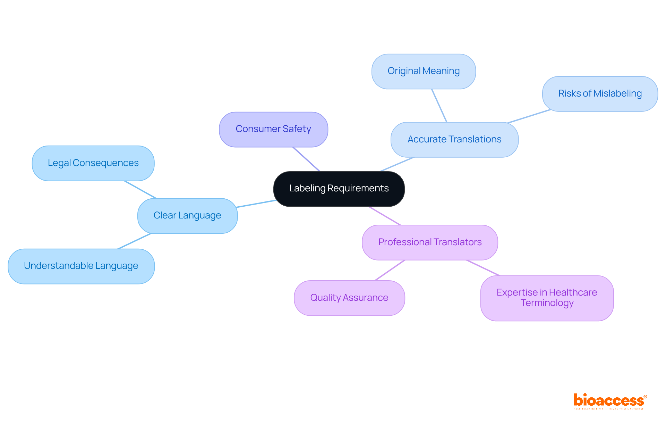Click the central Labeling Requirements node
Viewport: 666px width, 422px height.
tap(339, 189)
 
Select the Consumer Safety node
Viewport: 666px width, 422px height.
tap(273, 129)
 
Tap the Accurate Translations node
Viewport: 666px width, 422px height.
tap(454, 140)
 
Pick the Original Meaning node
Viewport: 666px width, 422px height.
tap(424, 71)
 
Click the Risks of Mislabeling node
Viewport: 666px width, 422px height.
tap(600, 94)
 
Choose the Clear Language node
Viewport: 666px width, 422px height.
tap(187, 216)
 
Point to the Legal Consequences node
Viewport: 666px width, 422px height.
tap(93, 163)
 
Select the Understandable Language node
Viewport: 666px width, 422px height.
tap(81, 266)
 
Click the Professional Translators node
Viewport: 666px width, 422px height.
tap(430, 242)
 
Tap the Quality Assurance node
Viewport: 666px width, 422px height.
tap(349, 298)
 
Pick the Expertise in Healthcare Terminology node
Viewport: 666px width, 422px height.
tap(547, 298)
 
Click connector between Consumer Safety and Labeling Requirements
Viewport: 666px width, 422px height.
tap(307, 159)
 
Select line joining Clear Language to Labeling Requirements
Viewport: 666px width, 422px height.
tap(256, 204)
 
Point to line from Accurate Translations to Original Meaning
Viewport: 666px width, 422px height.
tap(439, 106)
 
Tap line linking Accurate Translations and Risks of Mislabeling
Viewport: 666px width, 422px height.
tap(529, 116)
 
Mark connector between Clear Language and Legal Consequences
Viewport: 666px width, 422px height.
tap(140, 190)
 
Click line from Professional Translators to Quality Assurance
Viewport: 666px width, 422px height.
tap(390, 270)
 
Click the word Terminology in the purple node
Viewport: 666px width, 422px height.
tap(547, 303)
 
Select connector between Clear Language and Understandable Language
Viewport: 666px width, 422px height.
tap(135, 241)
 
